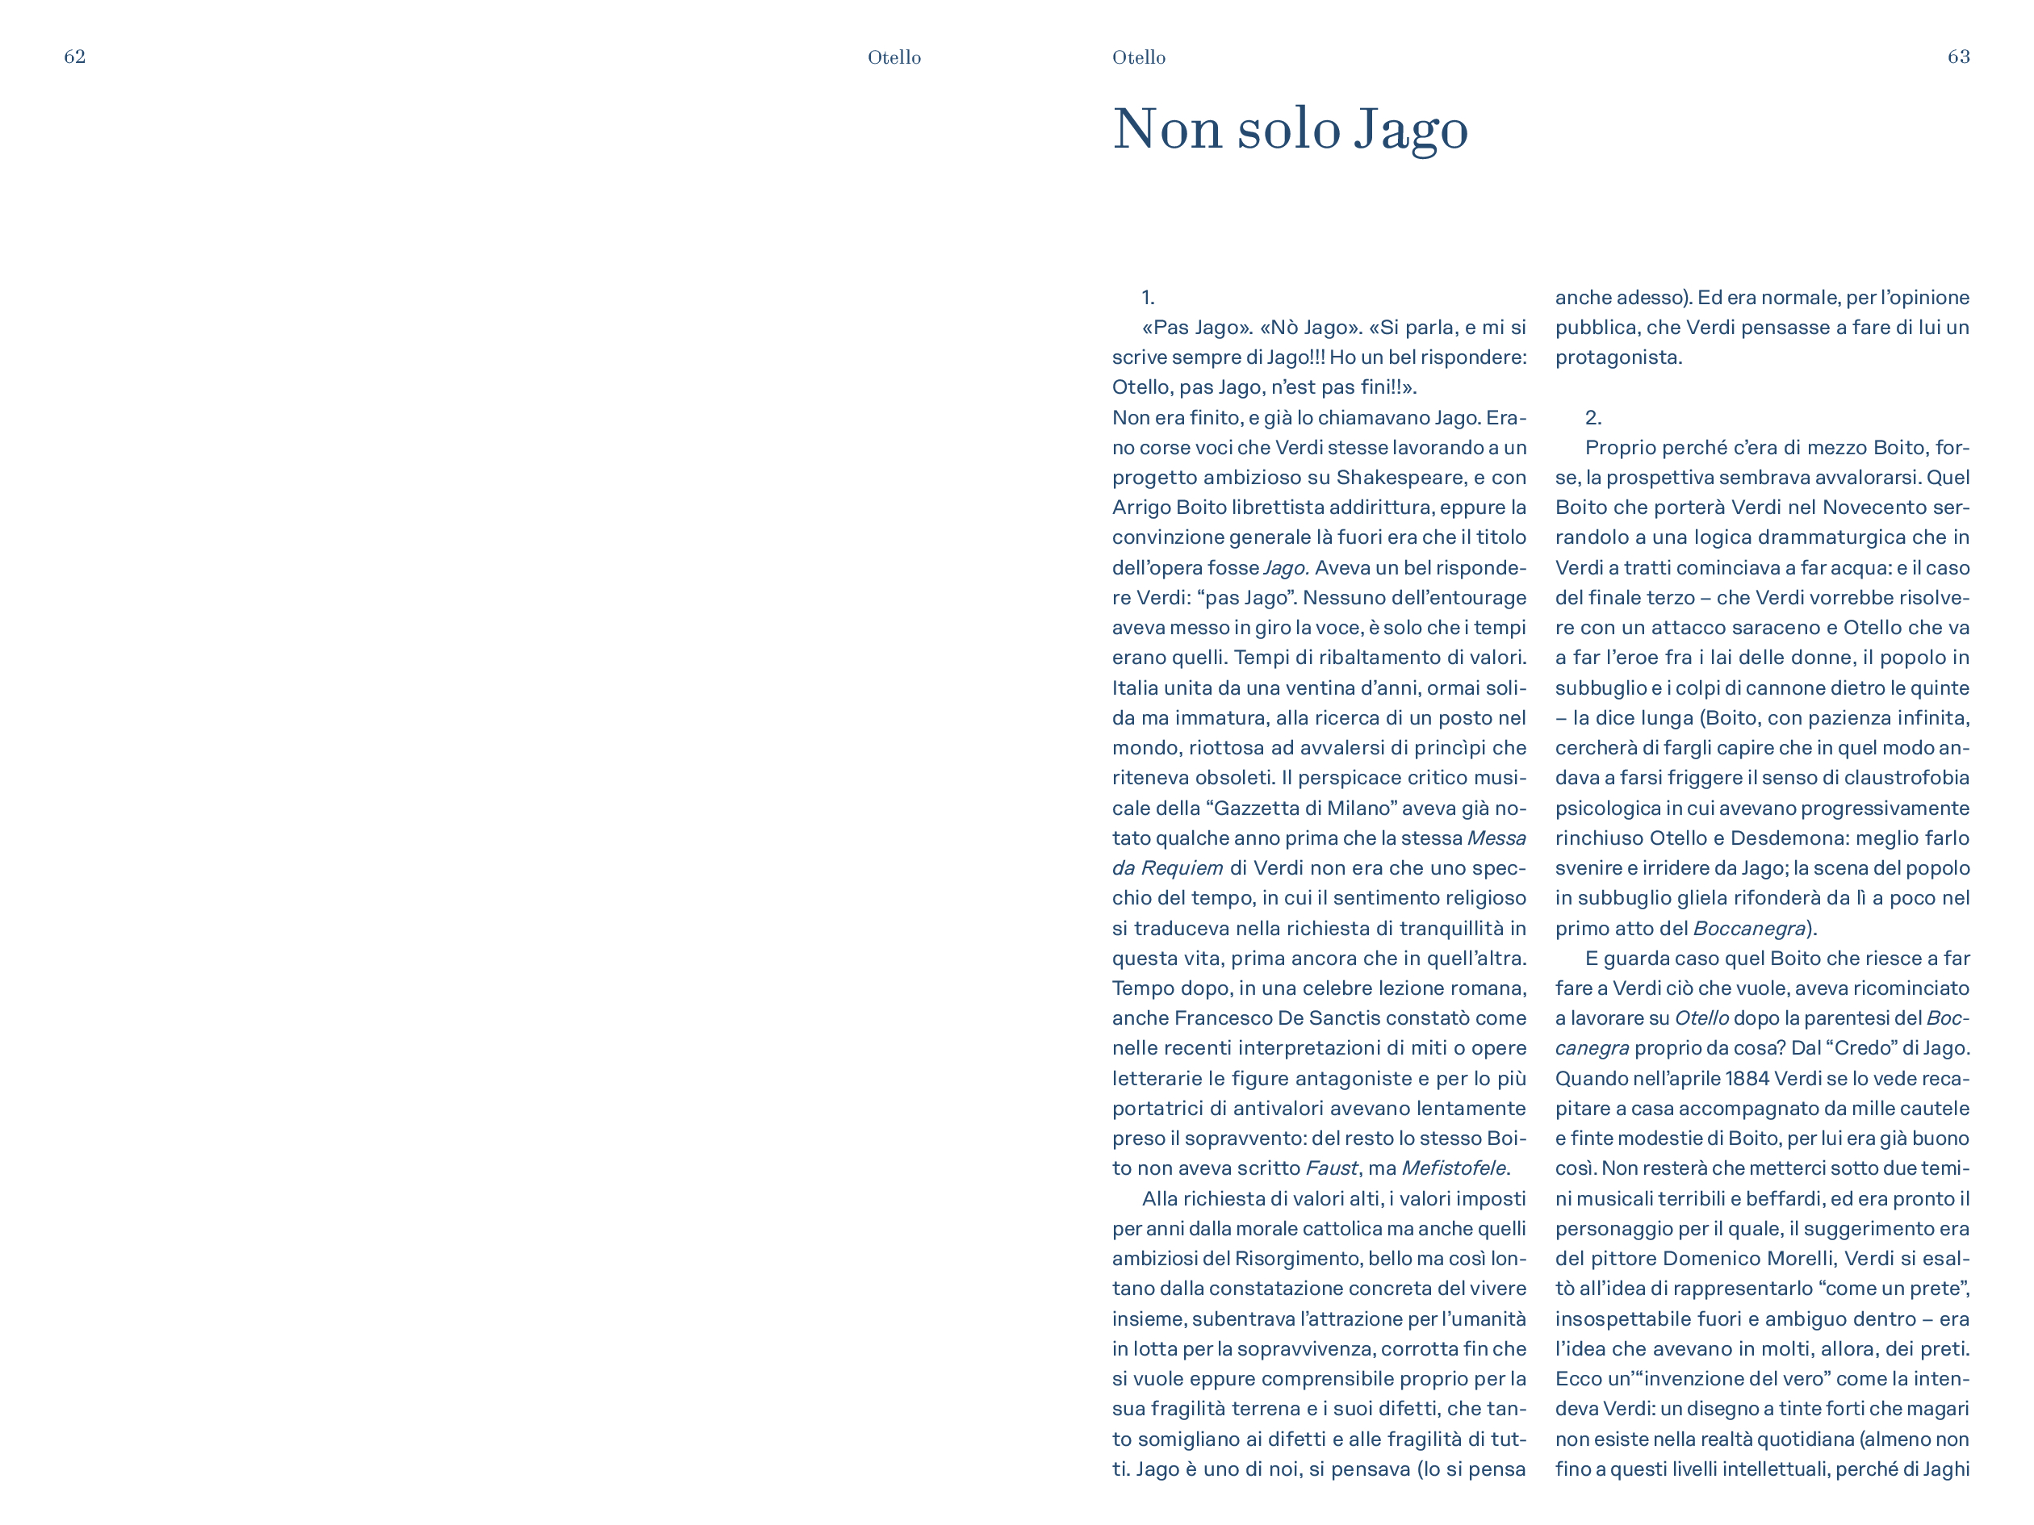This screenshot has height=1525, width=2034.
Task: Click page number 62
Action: pos(74,57)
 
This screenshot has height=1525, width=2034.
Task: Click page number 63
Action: pos(1959,57)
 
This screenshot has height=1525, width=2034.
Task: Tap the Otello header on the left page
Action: pos(894,58)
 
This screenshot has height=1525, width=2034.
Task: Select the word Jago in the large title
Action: pos(1411,130)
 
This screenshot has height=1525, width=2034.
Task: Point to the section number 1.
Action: pos(1148,298)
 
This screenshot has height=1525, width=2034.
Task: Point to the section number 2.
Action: pos(1592,418)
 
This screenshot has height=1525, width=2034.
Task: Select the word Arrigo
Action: pos(1140,508)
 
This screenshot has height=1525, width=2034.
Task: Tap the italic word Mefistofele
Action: pos(1453,1168)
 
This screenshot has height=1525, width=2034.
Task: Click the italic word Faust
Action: pos(1332,1168)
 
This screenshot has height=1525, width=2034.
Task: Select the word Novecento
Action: pos(1875,508)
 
